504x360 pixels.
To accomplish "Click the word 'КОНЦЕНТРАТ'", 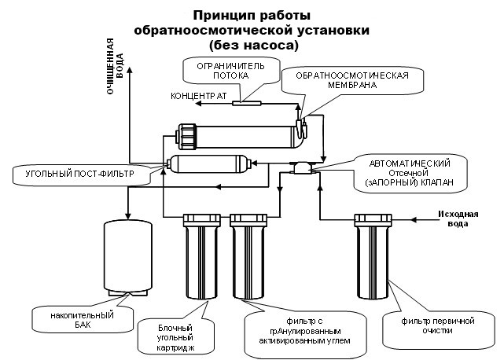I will coord(199,96).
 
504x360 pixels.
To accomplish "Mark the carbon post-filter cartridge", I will coord(210,164).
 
